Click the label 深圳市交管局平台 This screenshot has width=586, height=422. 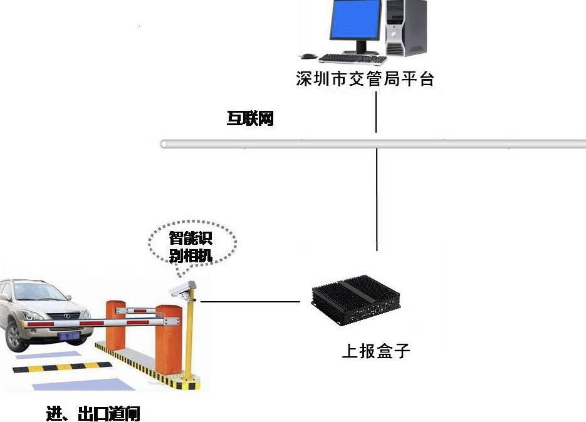[x=365, y=80]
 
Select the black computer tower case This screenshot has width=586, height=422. [x=406, y=28]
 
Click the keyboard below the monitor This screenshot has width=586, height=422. [x=353, y=59]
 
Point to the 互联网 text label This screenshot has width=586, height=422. [x=250, y=118]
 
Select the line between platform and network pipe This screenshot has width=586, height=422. [x=376, y=111]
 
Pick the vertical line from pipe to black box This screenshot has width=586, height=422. [x=376, y=200]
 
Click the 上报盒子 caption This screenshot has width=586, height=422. [x=375, y=351]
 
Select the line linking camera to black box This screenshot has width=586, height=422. [x=251, y=301]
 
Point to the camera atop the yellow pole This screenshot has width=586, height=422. [x=182, y=289]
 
